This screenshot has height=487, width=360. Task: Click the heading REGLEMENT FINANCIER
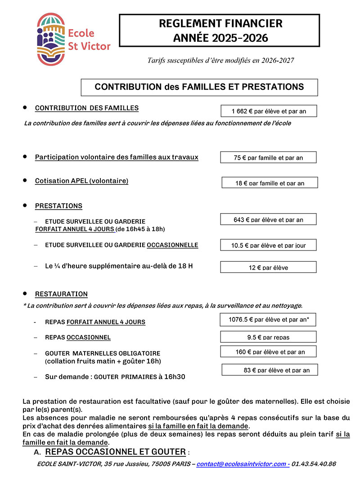pyautogui.click(x=220, y=23)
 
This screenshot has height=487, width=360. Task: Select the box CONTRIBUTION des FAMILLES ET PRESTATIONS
pyautogui.click(x=199, y=87)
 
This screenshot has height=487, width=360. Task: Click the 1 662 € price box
pyautogui.click(x=269, y=111)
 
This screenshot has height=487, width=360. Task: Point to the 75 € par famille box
pyautogui.click(x=268, y=157)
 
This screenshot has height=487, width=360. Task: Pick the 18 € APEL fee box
pyautogui.click(x=270, y=183)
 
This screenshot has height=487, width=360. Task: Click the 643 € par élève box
pyautogui.click(x=268, y=219)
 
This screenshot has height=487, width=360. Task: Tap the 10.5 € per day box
pyautogui.click(x=268, y=245)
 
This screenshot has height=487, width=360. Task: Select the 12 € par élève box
pyautogui.click(x=268, y=267)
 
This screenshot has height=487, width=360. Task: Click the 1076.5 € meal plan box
pyautogui.click(x=268, y=320)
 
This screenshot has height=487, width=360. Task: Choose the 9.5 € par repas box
pyautogui.click(x=268, y=337)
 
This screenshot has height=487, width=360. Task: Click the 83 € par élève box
pyautogui.click(x=270, y=370)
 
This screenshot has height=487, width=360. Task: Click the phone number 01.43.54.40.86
pyautogui.click(x=314, y=464)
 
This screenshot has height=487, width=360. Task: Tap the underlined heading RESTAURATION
pyautogui.click(x=61, y=294)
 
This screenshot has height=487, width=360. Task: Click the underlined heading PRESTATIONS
pyautogui.click(x=58, y=206)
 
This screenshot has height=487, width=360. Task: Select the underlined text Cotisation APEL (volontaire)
pyautogui.click(x=81, y=181)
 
